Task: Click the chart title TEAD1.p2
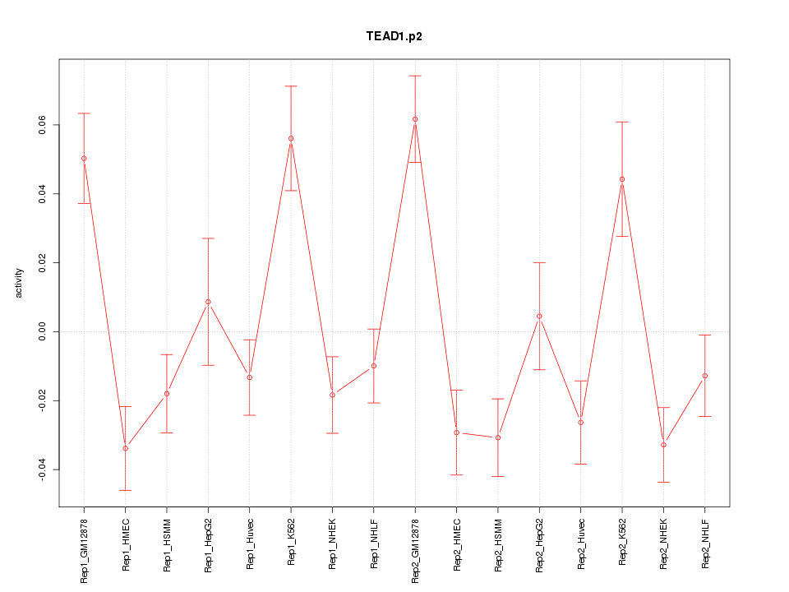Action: [x=394, y=36]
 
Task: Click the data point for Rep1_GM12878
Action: [x=84, y=158]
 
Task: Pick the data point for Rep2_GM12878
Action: [x=415, y=119]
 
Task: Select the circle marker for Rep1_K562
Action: [x=291, y=138]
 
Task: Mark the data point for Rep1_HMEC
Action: [x=125, y=448]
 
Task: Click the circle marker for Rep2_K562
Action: [x=622, y=179]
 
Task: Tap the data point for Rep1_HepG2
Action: [x=208, y=302]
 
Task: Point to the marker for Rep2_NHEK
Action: [x=663, y=445]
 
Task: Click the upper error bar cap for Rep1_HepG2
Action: [x=208, y=238]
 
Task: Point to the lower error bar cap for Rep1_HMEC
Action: [x=125, y=490]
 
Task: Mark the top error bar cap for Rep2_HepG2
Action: [x=539, y=262]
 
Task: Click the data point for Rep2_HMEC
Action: [x=456, y=432]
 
